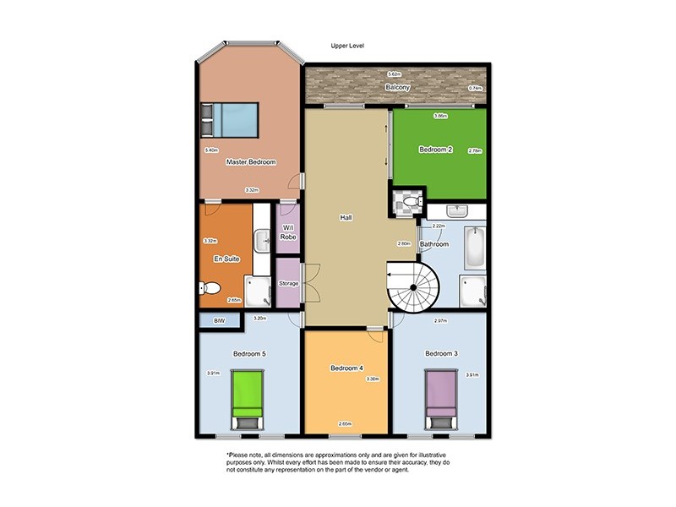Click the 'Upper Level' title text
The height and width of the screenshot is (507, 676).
point(347,46)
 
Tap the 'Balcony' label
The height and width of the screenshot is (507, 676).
point(398,88)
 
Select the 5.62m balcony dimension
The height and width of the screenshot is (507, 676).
point(393,75)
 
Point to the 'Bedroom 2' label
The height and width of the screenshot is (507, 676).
point(436,150)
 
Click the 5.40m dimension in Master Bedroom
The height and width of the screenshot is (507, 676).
point(211,150)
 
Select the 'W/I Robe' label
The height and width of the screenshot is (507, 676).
point(288,233)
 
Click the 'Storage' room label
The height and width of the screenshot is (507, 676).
point(288,283)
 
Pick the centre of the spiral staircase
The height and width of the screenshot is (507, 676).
point(413,288)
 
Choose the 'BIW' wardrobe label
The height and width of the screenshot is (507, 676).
point(220,321)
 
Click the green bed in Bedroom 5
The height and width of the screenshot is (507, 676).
point(248,399)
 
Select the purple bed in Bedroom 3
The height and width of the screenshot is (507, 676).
point(439,399)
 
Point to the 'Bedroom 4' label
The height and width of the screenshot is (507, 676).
point(346,368)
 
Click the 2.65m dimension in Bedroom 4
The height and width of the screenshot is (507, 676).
point(346,423)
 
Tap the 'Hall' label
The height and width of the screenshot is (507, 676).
point(346,217)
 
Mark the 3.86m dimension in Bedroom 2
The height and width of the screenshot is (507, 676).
point(439,116)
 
